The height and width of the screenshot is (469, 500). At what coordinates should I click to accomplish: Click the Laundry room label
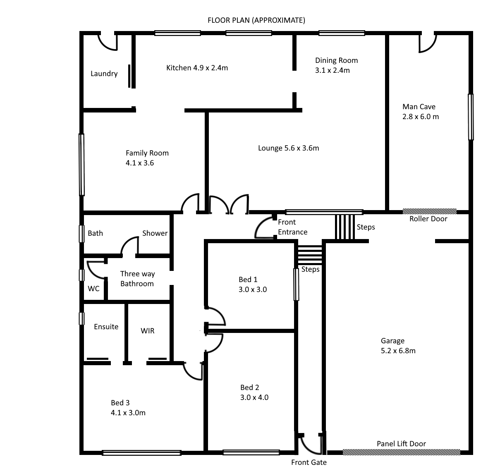tap(104, 74)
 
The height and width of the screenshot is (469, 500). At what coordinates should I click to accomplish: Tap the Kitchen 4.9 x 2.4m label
tap(197, 68)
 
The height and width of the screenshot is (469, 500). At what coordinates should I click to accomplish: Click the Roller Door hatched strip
tap(430, 211)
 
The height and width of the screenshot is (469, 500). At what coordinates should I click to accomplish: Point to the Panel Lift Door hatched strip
tap(402, 452)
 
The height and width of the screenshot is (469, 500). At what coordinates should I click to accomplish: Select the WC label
tap(93, 289)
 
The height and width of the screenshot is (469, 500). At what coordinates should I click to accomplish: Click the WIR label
tap(147, 331)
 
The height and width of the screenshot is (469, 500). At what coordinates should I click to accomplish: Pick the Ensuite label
tap(106, 327)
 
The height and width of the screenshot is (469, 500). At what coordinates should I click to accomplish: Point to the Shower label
tap(155, 233)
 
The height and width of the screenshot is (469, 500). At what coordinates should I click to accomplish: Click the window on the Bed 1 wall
tap(297, 285)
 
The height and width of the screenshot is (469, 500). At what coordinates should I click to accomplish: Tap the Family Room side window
tap(81, 165)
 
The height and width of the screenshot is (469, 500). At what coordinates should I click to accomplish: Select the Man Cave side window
tap(471, 117)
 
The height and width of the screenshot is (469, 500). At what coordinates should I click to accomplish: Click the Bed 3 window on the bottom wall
tap(141, 452)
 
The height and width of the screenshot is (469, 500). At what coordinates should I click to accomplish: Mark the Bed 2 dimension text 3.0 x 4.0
tap(254, 397)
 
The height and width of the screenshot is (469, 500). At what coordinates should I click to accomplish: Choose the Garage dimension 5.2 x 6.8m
tap(398, 351)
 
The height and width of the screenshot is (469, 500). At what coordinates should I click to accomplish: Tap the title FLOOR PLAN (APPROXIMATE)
tap(256, 20)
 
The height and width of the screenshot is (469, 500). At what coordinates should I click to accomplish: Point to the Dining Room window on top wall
tap(342, 33)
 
